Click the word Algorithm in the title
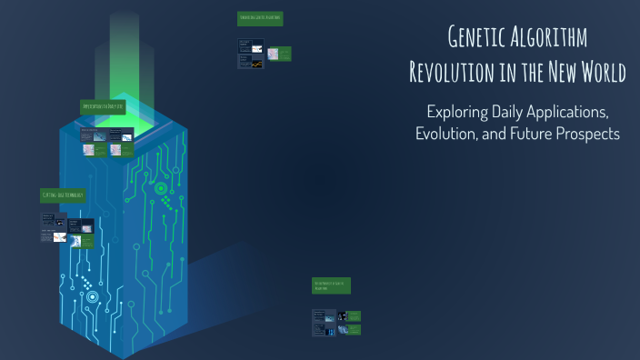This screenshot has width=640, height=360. pyautogui.click(x=554, y=38)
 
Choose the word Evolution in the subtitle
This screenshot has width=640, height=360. pyautogui.click(x=446, y=134)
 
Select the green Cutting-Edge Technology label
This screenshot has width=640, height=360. pyautogui.click(x=63, y=195)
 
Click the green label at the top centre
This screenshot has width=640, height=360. pyautogui.click(x=260, y=18)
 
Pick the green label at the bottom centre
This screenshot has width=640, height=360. pyautogui.click(x=331, y=285)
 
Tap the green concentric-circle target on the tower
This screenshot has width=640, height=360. pyautogui.click(x=162, y=189)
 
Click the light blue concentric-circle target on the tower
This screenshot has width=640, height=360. pyautogui.click(x=92, y=296)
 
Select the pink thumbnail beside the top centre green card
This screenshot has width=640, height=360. pyautogui.click(x=257, y=47)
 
